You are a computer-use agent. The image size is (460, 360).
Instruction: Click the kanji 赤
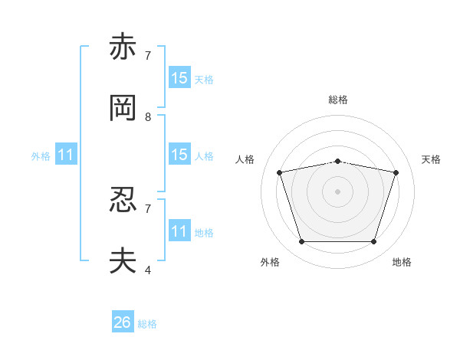pyautogui.click(x=123, y=46)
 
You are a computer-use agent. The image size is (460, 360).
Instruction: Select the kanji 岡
pyautogui.click(x=123, y=108)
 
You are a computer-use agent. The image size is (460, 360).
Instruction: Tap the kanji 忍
pyautogui.click(x=123, y=200)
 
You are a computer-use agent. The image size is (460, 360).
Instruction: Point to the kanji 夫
pyautogui.click(x=123, y=260)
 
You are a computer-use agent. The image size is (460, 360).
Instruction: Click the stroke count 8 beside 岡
pyautogui.click(x=148, y=117)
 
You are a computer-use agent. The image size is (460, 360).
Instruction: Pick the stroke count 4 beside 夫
pyautogui.click(x=148, y=270)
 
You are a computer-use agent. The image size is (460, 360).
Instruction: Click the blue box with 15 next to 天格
pyautogui.click(x=179, y=77)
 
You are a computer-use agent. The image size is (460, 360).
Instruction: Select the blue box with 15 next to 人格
pyautogui.click(x=179, y=154)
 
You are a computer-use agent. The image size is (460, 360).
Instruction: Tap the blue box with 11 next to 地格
pyautogui.click(x=179, y=230)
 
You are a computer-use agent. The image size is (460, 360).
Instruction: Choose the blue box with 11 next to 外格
pyautogui.click(x=66, y=154)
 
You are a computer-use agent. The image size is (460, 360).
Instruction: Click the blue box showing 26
pyautogui.click(x=123, y=321)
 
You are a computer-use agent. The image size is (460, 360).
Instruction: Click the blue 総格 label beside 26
pyautogui.click(x=147, y=324)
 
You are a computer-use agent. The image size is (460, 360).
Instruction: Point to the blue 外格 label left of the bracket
pyautogui.click(x=41, y=156)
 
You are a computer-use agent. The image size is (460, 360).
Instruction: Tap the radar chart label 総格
pyautogui.click(x=338, y=100)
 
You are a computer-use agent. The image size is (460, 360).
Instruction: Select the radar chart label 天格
pyautogui.click(x=431, y=159)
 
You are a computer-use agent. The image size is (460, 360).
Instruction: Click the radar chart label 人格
pyautogui.click(x=245, y=159)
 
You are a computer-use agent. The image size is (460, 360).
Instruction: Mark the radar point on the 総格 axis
pyautogui.click(x=337, y=162)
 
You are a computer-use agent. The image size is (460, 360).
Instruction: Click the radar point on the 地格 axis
pyautogui.click(x=373, y=241)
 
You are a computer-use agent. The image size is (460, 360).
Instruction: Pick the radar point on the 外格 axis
pyautogui.click(x=301, y=241)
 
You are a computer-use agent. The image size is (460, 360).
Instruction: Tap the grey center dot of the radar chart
pyautogui.click(x=337, y=191)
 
